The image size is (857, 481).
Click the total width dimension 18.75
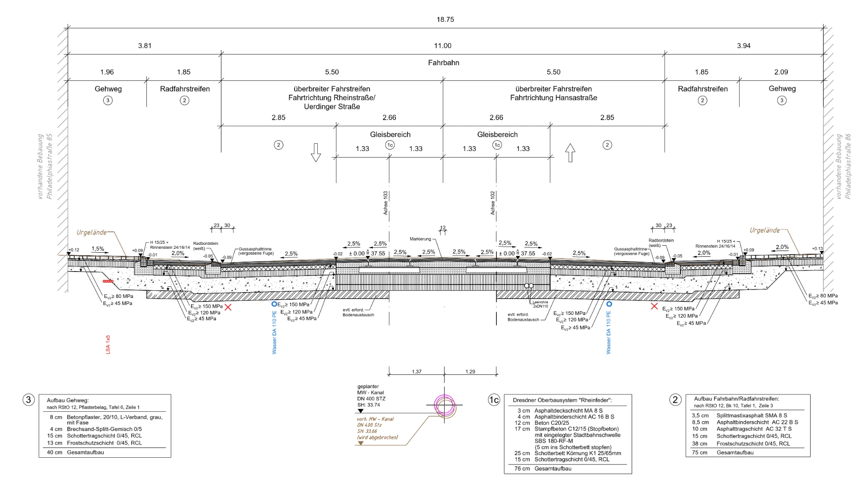pyautogui.click(x=445, y=20)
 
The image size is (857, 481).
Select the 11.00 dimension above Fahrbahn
pyautogui.click(x=442, y=46)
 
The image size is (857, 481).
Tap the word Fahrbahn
pyautogui.click(x=443, y=63)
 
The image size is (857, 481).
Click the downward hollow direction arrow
pyautogui.click(x=316, y=152)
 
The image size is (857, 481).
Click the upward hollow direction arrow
pyautogui.click(x=570, y=153)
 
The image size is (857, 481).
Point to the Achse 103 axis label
pyautogui.click(x=386, y=203)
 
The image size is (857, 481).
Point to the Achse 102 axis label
pyautogui.click(x=493, y=203)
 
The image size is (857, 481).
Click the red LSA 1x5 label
pyautogui.click(x=108, y=345)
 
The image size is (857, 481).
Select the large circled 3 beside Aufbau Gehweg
pyautogui.click(x=29, y=400)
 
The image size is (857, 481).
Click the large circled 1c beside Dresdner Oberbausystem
pyautogui.click(x=494, y=400)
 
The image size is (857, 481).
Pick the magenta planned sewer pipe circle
pyautogui.click(x=445, y=406)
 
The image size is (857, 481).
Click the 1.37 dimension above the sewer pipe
pyautogui.click(x=416, y=372)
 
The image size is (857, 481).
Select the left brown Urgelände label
pyautogui.click(x=92, y=232)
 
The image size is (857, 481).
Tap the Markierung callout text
pyautogui.click(x=420, y=239)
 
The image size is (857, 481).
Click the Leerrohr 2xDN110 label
pyautogui.click(x=540, y=304)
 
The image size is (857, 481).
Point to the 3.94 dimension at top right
pyautogui.click(x=744, y=46)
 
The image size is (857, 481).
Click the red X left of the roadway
pyautogui.click(x=228, y=307)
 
